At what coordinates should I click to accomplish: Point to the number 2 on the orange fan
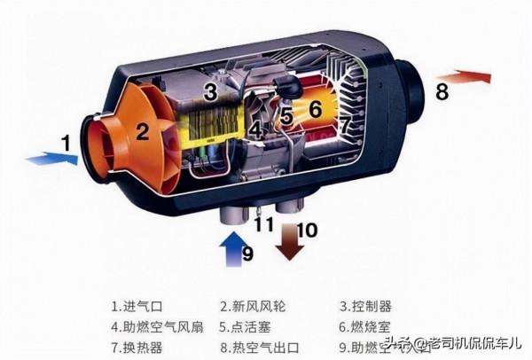tap(142, 132)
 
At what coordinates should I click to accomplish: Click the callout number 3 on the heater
tap(210, 90)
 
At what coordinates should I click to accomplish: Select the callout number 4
tap(256, 130)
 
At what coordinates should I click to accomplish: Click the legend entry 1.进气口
tap(138, 307)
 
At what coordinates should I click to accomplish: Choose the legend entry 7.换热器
tap(138, 346)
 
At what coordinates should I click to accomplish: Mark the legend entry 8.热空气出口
tap(262, 346)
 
